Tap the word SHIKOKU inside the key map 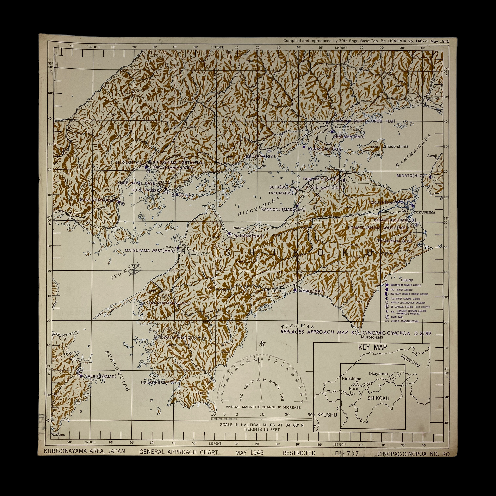click(378, 398)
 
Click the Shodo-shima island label click(396, 146)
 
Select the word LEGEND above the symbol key click(407, 280)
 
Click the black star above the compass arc click(262, 343)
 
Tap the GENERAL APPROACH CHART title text click(179, 452)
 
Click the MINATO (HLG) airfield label click(409, 176)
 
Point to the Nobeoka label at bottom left click(58, 435)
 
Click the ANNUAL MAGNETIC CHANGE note click(263, 407)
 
